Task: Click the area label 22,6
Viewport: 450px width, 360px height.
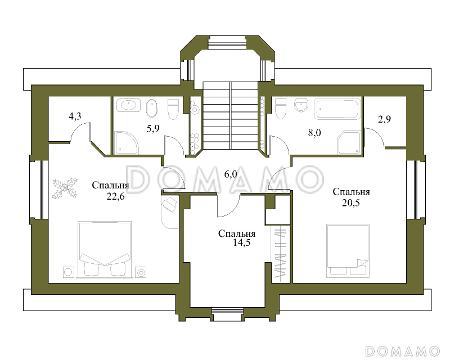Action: (x=116, y=197)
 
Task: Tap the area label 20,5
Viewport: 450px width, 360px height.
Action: (x=350, y=203)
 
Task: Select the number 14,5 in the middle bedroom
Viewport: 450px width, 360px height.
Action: (x=242, y=243)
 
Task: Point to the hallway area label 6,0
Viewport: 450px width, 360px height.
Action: (x=231, y=174)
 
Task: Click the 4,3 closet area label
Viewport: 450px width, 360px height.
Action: (x=75, y=116)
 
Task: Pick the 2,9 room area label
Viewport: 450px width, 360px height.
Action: (x=384, y=119)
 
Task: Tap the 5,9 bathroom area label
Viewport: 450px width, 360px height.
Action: (x=153, y=128)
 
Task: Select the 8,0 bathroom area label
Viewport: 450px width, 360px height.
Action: (x=314, y=133)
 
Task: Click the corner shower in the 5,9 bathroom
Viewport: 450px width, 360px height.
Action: (x=126, y=143)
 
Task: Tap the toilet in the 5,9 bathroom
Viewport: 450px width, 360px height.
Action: (x=173, y=109)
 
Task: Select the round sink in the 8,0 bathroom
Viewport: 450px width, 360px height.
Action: (x=301, y=105)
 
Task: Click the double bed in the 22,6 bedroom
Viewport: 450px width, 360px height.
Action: (x=105, y=249)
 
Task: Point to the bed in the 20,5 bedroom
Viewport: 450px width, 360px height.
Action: (x=348, y=251)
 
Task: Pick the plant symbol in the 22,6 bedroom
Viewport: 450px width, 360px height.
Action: (x=65, y=188)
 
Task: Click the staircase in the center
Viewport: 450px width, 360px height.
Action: (x=231, y=115)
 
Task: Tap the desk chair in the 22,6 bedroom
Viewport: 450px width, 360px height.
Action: (x=169, y=205)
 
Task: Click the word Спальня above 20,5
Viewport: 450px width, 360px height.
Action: (x=351, y=192)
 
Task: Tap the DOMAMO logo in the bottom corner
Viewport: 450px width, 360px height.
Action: (x=403, y=351)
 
